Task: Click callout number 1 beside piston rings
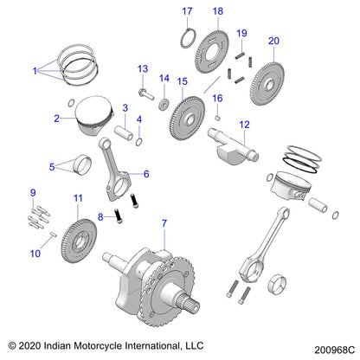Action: [35, 68]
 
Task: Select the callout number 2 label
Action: [56, 119]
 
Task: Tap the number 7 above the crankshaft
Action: [164, 224]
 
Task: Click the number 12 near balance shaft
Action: [245, 124]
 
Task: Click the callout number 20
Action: [273, 41]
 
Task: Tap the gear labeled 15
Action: [183, 114]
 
